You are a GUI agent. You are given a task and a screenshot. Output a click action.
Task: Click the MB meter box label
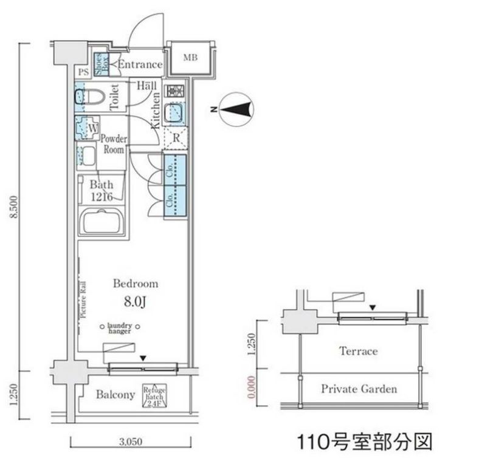coord(190,58)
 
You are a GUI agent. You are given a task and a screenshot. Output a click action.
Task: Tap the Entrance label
coord(140,64)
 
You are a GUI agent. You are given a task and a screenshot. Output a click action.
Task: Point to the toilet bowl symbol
coord(91,97)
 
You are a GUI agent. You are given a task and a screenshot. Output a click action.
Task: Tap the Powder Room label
coord(113,143)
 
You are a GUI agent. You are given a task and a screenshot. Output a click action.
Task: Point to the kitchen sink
coord(175,112)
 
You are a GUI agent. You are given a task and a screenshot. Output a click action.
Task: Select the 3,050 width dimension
coord(131,440)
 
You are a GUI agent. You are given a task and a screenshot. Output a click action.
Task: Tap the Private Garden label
coord(359,389)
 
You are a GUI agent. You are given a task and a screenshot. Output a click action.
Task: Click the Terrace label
coord(358,351)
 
